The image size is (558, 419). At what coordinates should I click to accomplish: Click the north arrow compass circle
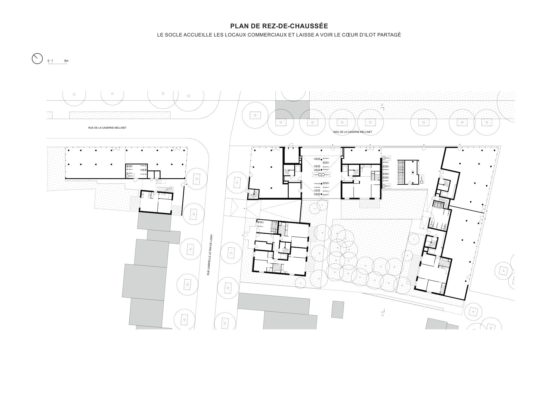point(37,59)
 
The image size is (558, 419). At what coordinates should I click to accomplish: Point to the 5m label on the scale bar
point(66,61)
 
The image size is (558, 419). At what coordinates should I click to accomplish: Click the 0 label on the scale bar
point(48,61)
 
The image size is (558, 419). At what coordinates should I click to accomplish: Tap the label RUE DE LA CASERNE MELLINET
point(107,128)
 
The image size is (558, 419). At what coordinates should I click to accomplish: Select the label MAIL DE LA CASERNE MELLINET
point(353,132)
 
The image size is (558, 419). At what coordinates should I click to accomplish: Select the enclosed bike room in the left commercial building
point(136,171)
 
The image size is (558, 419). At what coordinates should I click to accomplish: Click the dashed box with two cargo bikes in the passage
point(321,174)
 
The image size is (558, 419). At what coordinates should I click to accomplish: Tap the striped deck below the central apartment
point(370,203)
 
